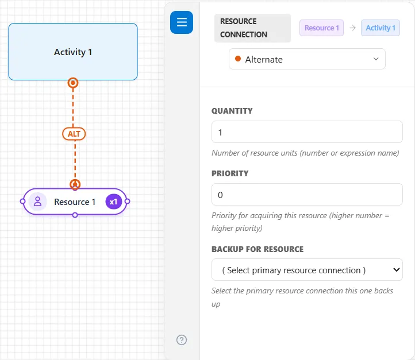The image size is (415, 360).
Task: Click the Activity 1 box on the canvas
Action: coord(73,52)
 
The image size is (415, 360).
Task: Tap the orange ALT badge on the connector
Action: coord(74,134)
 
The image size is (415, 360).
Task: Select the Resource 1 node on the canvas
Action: coord(75,202)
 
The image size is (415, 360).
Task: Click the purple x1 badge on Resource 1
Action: coord(114,202)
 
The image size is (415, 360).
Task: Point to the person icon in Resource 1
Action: coord(37,202)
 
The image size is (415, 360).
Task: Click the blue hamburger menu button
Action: coord(182,22)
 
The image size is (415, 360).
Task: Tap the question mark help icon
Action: coord(182,340)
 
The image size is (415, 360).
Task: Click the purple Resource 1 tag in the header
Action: coord(321,28)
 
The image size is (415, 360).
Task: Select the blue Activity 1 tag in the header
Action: coord(381,28)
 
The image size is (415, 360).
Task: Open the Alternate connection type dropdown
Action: coord(307,59)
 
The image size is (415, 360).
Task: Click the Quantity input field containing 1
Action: coord(307,132)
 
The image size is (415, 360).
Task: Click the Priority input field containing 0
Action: coord(307,195)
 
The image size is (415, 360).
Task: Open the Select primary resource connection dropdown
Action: coord(307,270)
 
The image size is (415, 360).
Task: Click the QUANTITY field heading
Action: coord(232,111)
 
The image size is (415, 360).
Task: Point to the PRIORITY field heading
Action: coord(230,173)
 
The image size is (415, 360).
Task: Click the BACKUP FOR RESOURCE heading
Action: coord(258,249)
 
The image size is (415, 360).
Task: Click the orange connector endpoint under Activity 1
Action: coord(73,83)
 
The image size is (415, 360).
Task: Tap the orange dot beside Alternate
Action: coord(238,59)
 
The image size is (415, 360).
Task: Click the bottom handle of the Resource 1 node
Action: coord(75,215)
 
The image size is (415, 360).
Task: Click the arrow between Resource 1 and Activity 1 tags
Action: coord(352,28)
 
